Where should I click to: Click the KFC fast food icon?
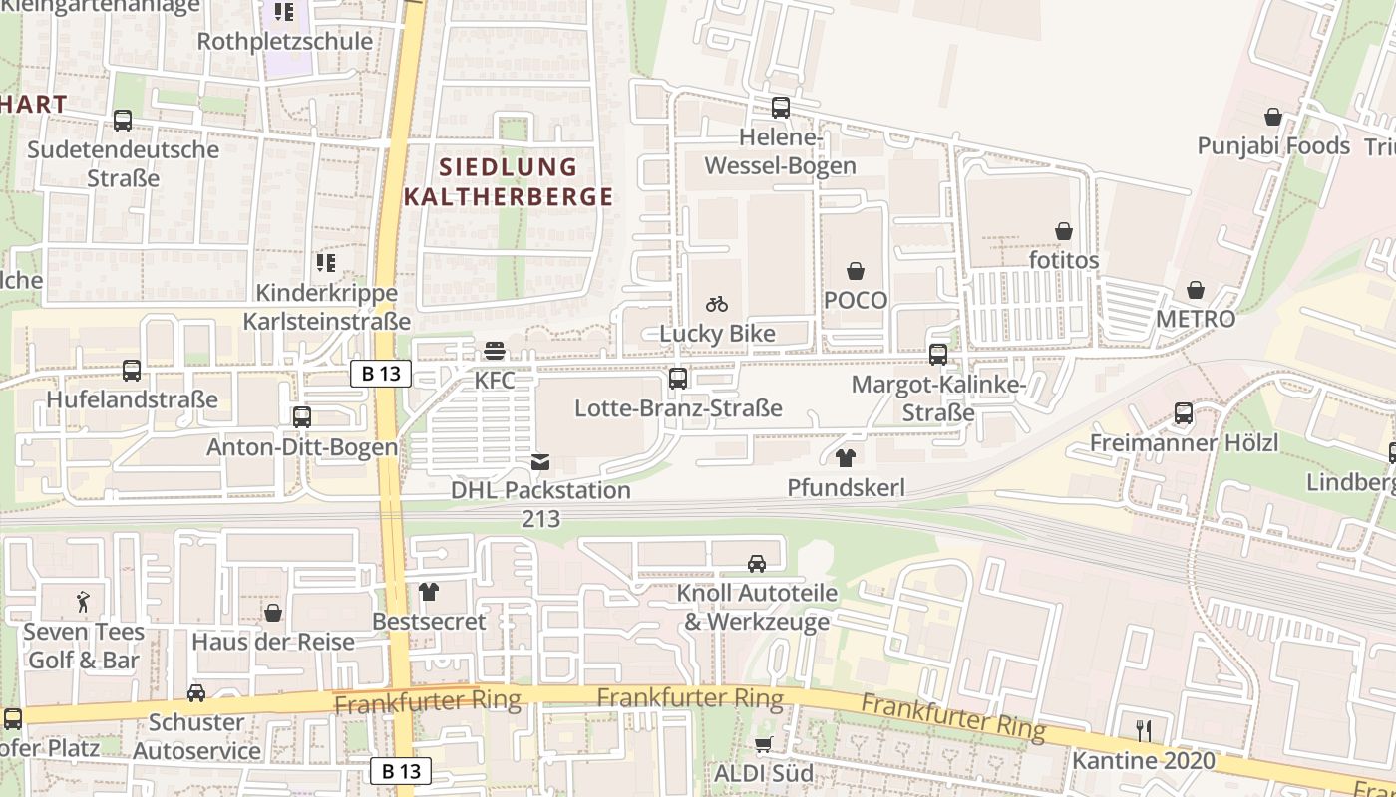(x=495, y=351)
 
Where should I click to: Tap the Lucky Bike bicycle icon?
(x=716, y=304)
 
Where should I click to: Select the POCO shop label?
(x=856, y=300)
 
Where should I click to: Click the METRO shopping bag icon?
(x=1195, y=290)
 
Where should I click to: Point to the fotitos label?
(x=1064, y=260)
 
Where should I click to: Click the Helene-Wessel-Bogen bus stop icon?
(x=780, y=108)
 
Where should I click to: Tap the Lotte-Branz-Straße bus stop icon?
(x=678, y=379)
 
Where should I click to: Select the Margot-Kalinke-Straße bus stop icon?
(x=937, y=355)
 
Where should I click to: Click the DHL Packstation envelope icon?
(x=539, y=461)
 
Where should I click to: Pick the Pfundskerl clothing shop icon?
(x=846, y=458)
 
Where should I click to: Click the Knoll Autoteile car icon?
(x=757, y=564)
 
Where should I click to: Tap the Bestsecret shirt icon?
(x=429, y=592)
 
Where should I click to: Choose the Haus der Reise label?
(x=273, y=641)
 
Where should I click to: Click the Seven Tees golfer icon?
(x=83, y=602)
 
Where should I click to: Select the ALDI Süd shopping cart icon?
(x=764, y=744)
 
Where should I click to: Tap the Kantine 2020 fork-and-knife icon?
(x=1144, y=731)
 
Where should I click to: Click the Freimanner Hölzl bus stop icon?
(x=1184, y=413)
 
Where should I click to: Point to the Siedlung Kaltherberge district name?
(x=509, y=181)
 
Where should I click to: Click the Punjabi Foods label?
(x=1273, y=145)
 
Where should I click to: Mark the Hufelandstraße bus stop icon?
(x=131, y=371)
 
